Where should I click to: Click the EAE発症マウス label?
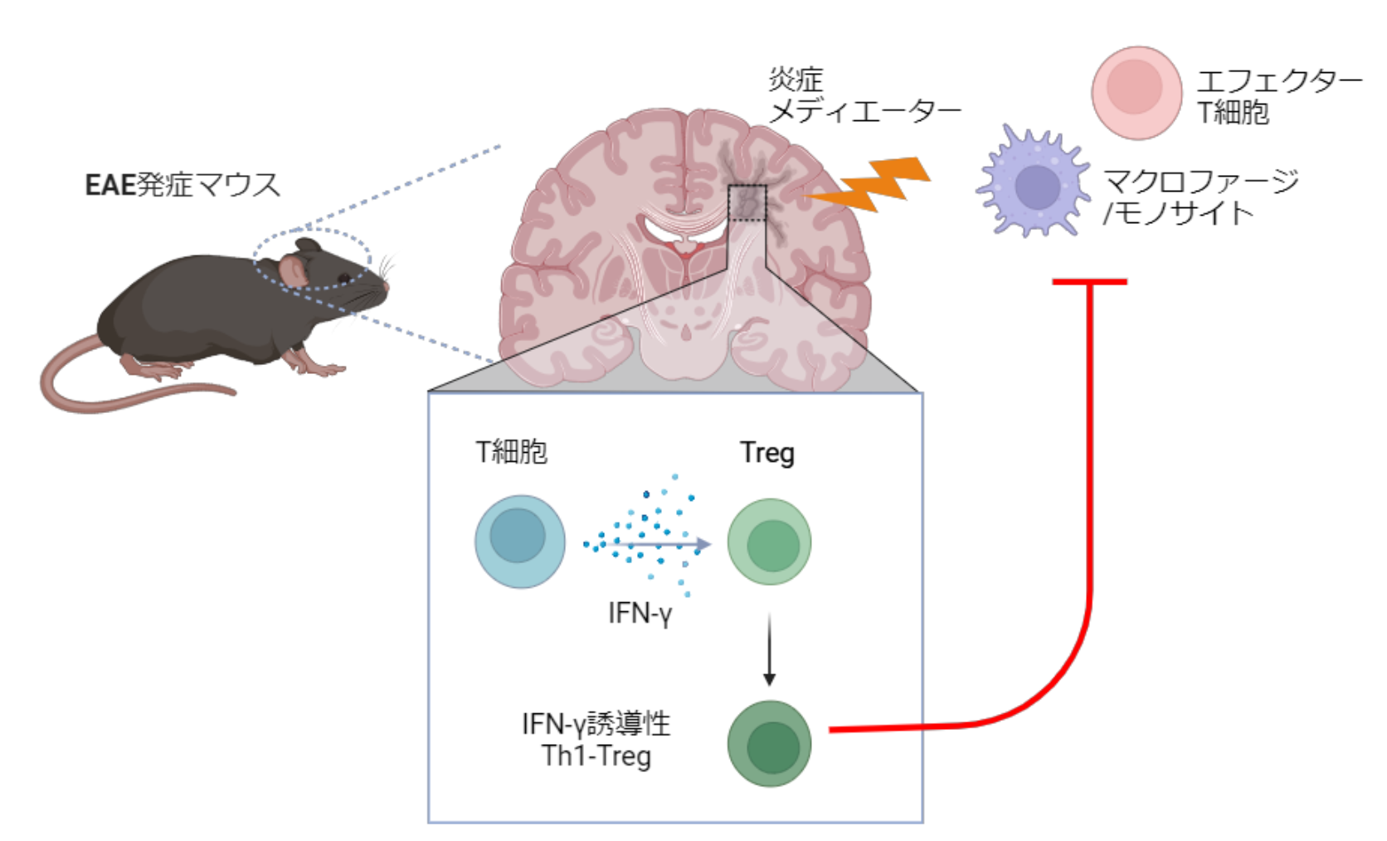pyautogui.click(x=182, y=184)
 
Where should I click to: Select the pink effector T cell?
pyautogui.click(x=1136, y=91)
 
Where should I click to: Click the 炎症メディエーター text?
pyautogui.click(x=864, y=95)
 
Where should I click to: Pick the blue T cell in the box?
pyautogui.click(x=520, y=541)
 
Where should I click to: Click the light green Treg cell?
pyautogui.click(x=770, y=542)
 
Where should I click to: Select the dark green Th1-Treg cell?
pyautogui.click(x=770, y=743)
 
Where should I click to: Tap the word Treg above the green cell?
pyautogui.click(x=767, y=453)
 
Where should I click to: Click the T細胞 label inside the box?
pyautogui.click(x=511, y=452)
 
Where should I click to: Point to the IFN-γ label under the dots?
pyautogui.click(x=640, y=614)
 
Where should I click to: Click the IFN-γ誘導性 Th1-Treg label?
pyautogui.click(x=596, y=740)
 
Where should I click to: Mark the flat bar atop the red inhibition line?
pyautogui.click(x=1089, y=282)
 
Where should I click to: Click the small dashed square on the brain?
pyautogui.click(x=747, y=203)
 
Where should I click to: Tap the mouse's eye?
pyautogui.click(x=343, y=278)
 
